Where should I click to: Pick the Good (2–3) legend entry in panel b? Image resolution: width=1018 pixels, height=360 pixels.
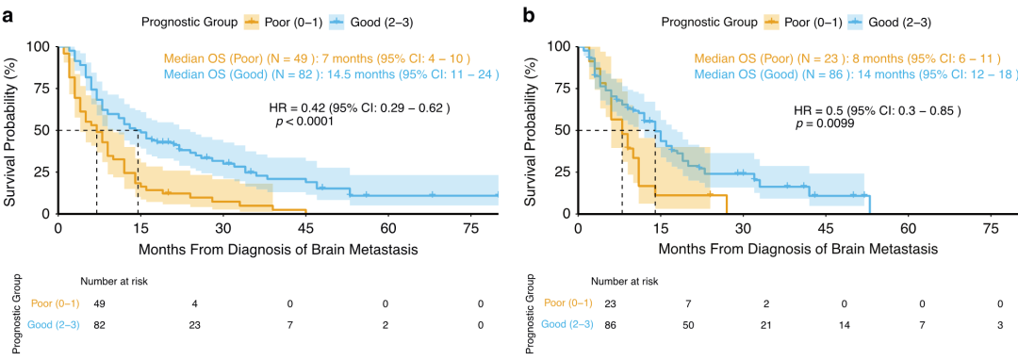click(x=893, y=23)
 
